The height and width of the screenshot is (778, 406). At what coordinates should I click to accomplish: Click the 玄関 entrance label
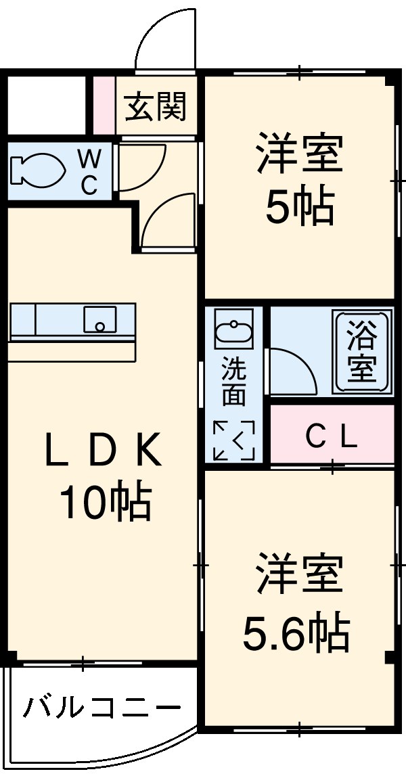156,106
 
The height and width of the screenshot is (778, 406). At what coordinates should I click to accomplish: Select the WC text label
89,173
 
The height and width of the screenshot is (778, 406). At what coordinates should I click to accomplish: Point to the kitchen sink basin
99,319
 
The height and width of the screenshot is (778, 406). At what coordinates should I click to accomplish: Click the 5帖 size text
299,207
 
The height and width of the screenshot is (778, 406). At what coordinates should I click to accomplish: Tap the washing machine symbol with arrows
234,440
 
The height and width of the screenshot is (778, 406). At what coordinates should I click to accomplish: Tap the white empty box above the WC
46,106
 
